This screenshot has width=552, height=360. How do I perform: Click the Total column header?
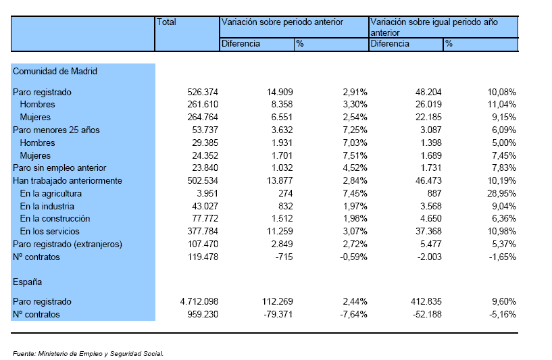166,22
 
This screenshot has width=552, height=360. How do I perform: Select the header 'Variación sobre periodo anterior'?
282,22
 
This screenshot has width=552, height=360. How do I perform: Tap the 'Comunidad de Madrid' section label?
55,72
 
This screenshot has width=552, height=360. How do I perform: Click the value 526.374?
203,93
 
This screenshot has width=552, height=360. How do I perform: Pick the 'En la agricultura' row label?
51,194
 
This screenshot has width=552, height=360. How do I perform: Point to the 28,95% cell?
501,194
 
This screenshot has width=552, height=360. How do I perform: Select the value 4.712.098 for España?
199,302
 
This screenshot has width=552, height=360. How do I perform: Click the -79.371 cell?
278,314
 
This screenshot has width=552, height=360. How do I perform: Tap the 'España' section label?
27,282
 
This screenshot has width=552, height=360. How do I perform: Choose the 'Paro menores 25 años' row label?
56,130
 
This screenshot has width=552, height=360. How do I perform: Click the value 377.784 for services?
203,231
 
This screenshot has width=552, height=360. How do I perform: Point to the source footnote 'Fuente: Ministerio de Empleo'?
88,354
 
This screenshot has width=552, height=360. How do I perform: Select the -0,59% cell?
353,257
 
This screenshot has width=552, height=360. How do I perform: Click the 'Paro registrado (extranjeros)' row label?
68,245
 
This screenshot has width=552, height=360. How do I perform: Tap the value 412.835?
426,302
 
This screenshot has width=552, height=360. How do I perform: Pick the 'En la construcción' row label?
55,219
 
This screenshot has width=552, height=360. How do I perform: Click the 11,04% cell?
501,105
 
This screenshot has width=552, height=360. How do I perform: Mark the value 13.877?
280,180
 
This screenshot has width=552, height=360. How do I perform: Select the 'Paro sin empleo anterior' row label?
59,168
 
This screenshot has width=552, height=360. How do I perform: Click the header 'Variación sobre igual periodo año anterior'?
434,28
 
